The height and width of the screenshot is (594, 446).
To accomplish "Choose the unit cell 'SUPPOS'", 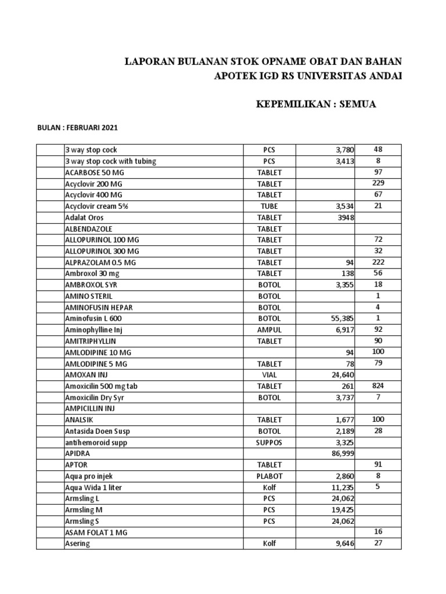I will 270,443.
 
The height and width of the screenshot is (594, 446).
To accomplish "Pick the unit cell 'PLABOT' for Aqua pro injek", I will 270,476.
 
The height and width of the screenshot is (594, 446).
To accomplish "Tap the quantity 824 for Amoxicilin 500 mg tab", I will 378,385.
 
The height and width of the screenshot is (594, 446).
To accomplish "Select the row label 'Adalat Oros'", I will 85,218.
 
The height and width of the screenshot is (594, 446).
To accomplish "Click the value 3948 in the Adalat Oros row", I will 345,218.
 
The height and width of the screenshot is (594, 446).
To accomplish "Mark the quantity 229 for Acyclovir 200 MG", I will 378,183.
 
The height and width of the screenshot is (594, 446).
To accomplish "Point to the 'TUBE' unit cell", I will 270,206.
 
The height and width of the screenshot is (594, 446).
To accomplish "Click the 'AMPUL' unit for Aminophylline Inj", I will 270,330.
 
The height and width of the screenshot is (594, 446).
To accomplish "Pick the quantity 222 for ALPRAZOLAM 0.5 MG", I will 378,262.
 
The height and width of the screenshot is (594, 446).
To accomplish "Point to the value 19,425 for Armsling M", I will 342,510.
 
